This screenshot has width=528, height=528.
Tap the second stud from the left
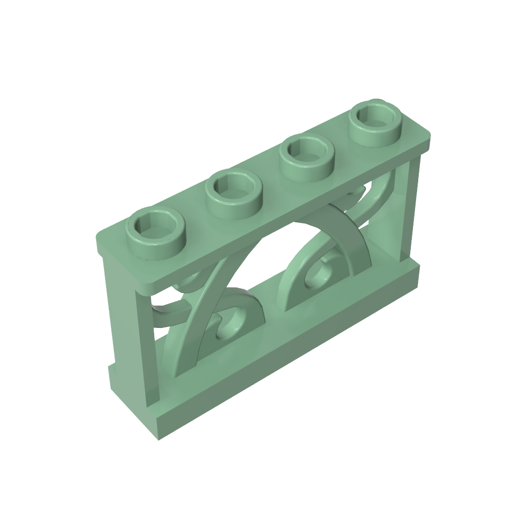[233, 190]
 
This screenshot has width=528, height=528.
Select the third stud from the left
[307, 154]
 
